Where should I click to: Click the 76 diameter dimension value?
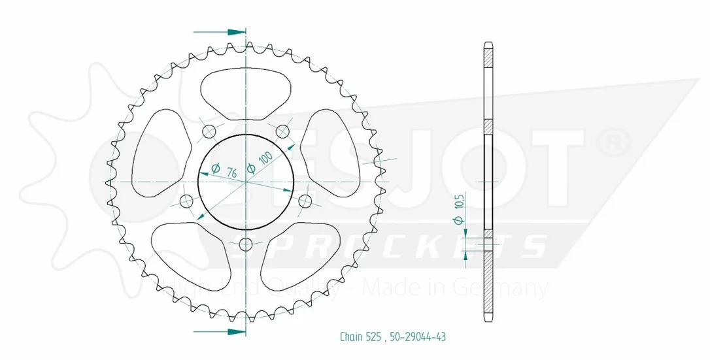pos(231,172)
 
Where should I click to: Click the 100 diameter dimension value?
pos(265,158)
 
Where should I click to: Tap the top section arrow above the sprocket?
pos(219,32)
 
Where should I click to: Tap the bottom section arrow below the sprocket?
pos(219,331)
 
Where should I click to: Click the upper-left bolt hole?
pos(209,131)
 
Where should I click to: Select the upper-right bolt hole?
pos(282,131)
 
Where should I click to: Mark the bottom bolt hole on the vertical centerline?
pos(246,244)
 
